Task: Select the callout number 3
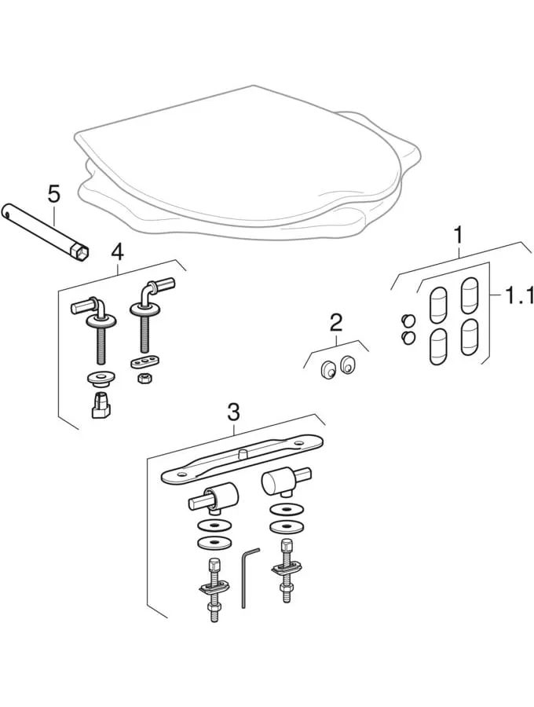tap(232, 411)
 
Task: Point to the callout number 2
tap(336, 321)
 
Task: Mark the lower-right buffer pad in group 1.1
tap(469, 335)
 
